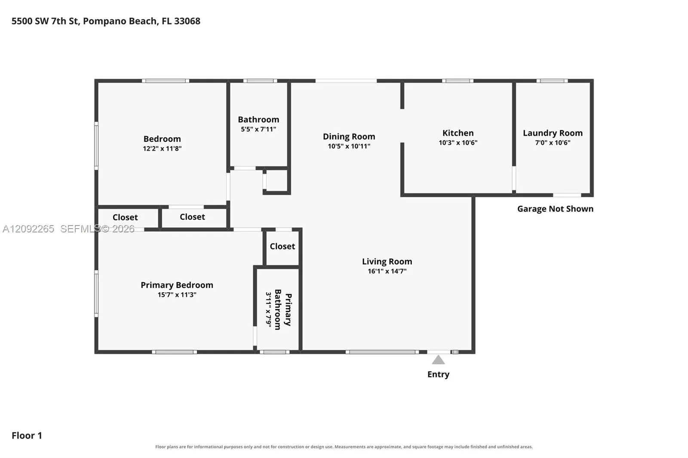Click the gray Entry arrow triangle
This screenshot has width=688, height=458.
[438, 360]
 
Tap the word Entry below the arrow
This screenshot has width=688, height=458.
[438, 375]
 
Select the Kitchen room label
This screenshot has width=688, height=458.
[458, 133]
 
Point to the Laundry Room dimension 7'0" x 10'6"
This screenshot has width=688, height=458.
[553, 143]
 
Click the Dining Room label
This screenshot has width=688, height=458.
[349, 137]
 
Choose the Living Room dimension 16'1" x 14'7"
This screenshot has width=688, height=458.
[387, 271]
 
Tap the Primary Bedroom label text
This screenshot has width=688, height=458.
[177, 285]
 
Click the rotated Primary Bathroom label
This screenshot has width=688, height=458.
[283, 309]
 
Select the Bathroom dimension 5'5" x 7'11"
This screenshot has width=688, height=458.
[258, 129]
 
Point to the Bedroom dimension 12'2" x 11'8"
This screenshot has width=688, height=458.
[162, 149]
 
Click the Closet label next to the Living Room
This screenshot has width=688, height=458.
[282, 246]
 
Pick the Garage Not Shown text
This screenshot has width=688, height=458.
[555, 209]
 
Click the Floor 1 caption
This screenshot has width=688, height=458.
[27, 436]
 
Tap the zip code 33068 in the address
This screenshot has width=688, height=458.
[187, 21]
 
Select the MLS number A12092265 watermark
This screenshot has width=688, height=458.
[28, 229]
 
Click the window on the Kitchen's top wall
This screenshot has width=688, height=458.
[458, 81]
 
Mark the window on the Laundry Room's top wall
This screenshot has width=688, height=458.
[552, 81]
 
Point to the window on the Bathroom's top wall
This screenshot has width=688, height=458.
[260, 81]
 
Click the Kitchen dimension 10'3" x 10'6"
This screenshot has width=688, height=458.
[458, 143]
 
